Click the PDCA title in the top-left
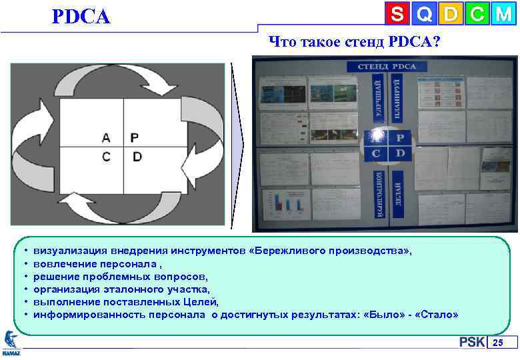(81, 16)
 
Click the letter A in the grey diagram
(106, 138)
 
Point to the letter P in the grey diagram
(135, 138)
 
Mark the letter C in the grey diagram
(106, 157)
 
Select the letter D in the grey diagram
(137, 157)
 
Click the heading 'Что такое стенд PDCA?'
(354, 42)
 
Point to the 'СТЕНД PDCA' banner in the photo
(387, 66)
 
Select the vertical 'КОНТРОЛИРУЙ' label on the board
(378, 193)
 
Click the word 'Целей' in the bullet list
(200, 301)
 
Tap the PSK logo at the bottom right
(471, 343)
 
